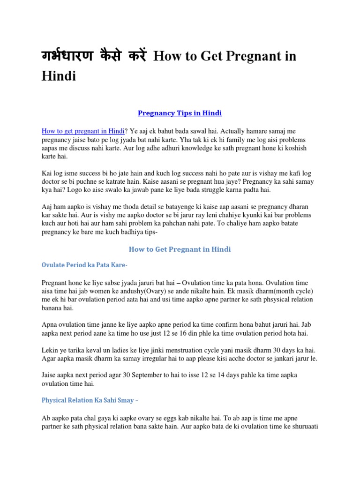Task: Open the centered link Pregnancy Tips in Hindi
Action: click(x=180, y=113)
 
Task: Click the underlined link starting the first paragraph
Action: click(x=81, y=131)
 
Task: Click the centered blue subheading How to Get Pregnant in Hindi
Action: click(x=180, y=249)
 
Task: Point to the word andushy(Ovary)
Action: click(x=150, y=291)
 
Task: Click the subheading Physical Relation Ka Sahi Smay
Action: click(x=90, y=401)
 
